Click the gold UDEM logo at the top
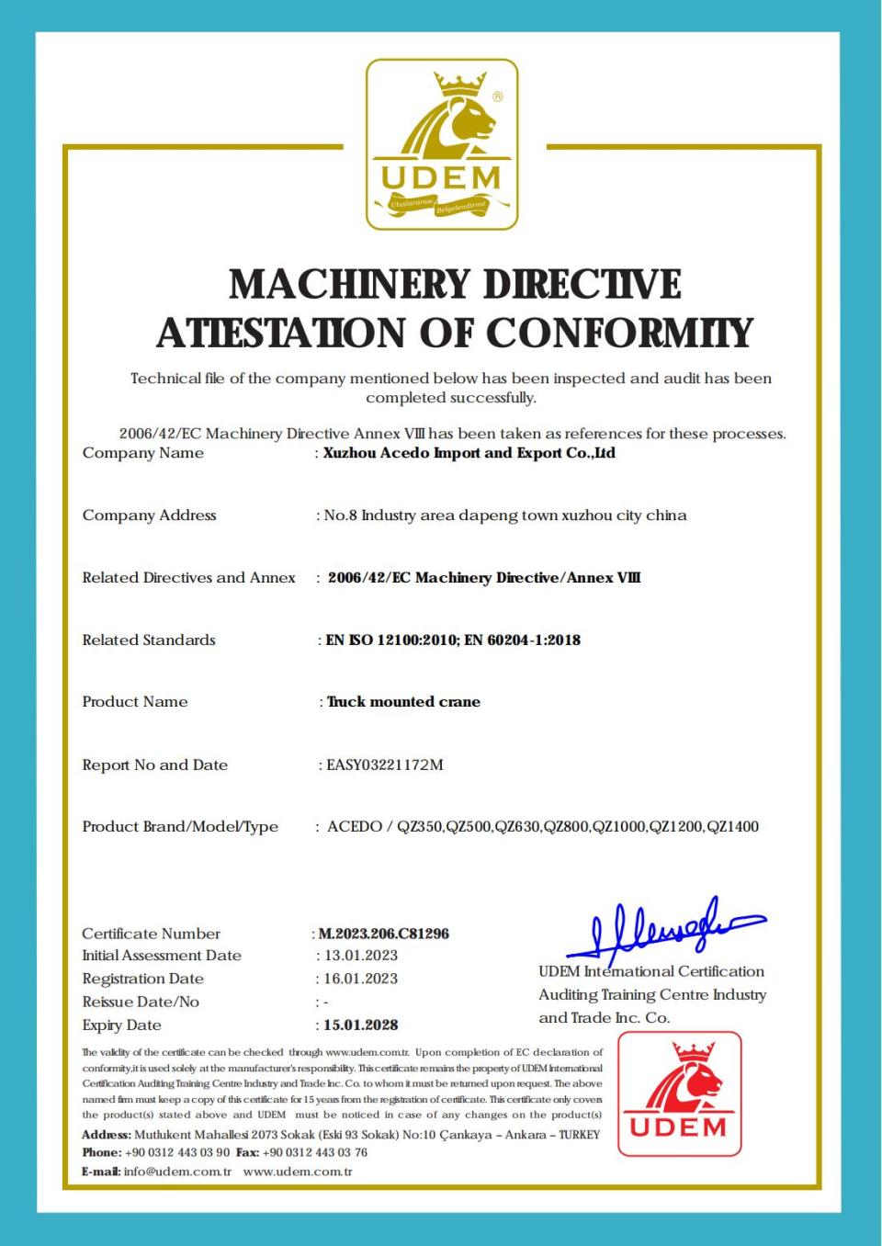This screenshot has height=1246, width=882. coord(442,144)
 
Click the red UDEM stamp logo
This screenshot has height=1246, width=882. coord(679,1093)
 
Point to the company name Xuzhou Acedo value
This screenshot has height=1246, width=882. coord(469,453)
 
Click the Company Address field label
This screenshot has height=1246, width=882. coord(149,515)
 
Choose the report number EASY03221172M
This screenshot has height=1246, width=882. coord(385,765)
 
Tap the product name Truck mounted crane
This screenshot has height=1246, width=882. coord(404,702)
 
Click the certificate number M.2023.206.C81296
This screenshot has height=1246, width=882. coord(384,934)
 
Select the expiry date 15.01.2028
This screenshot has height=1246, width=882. coord(361,1025)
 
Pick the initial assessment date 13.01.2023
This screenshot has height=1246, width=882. coord(361,956)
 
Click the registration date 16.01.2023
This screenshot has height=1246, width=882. coord(361,979)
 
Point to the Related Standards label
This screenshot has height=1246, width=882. coord(149,640)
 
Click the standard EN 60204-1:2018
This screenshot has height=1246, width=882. coord(522,640)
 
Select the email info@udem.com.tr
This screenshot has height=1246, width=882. coord(177,1172)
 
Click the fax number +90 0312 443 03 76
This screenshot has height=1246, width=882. coord(315,1152)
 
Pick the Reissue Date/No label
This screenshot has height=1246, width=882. coord(141,1002)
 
